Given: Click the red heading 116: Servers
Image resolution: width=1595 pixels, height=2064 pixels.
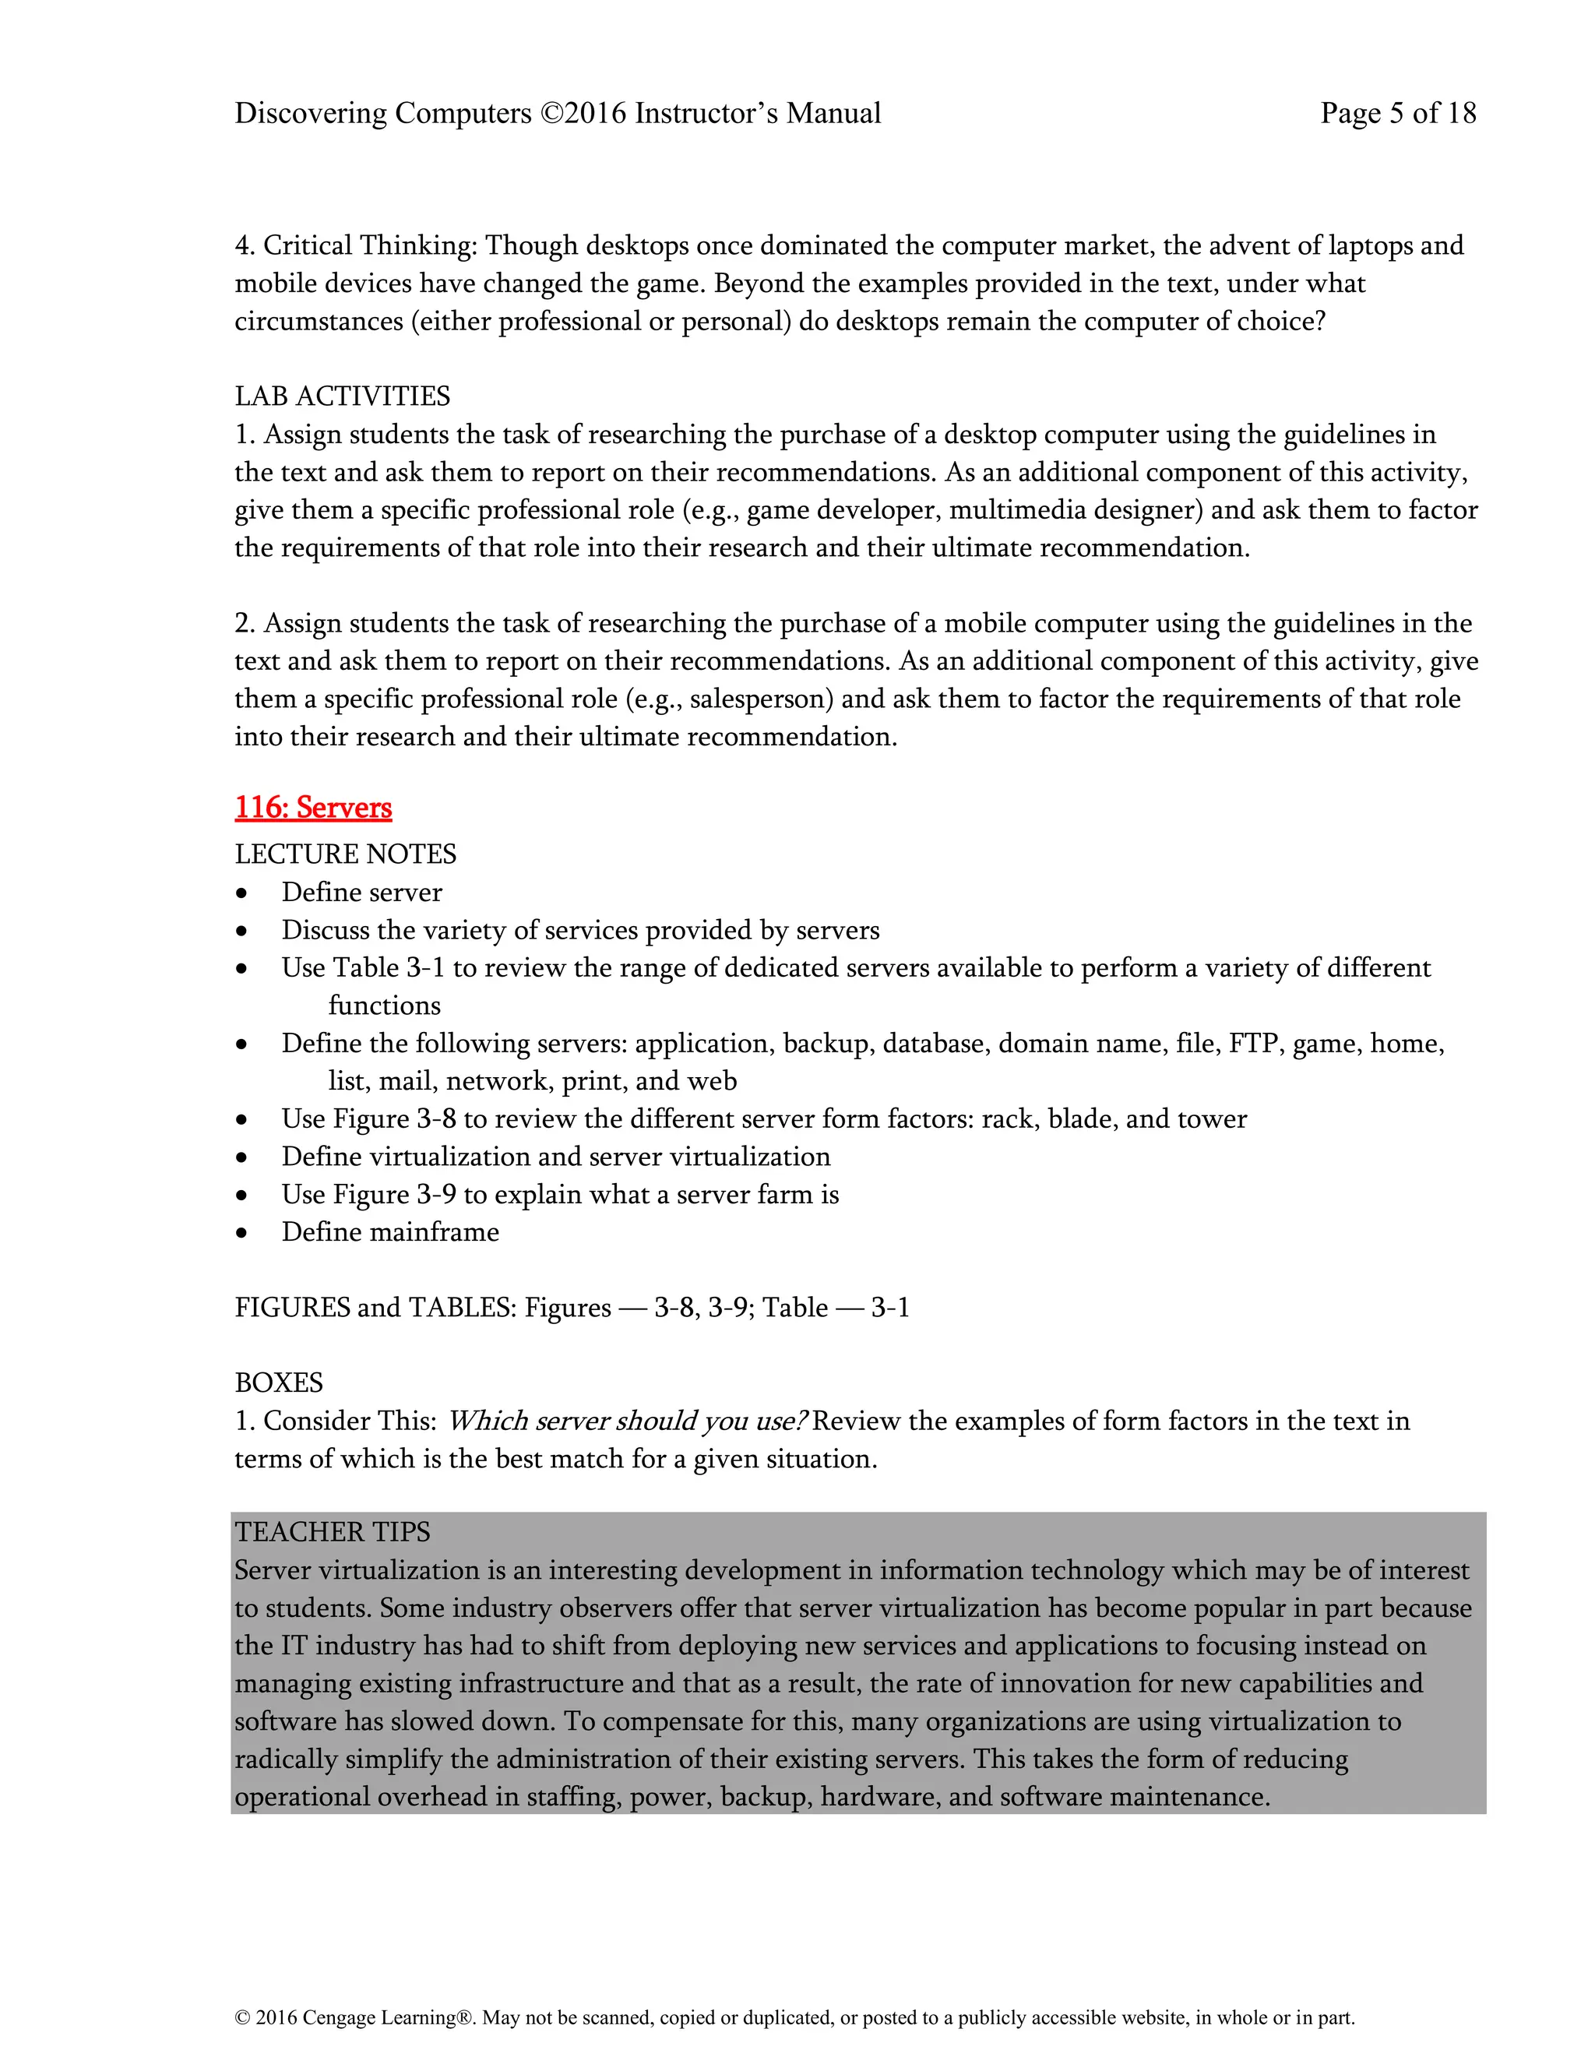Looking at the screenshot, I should click(x=313, y=808).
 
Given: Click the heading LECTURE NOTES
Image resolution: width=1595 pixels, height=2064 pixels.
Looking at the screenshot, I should click(x=345, y=854).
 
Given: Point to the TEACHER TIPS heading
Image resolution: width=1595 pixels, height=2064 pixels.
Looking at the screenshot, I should click(x=332, y=1532).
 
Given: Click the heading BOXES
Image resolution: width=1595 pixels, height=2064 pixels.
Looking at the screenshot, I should click(x=279, y=1382).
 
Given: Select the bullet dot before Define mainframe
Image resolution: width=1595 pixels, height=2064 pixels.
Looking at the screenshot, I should click(x=243, y=1233).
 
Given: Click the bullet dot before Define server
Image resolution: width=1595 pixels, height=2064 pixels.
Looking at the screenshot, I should click(x=243, y=894).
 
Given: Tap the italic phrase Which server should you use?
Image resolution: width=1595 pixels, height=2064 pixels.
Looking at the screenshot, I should click(x=626, y=1421).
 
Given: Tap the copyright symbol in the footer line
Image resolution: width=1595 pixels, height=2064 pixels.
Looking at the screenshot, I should click(x=242, y=2018).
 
